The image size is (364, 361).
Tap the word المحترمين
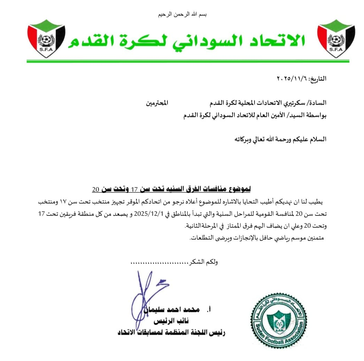click(x=157, y=103)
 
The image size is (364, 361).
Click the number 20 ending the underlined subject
click(x=96, y=190)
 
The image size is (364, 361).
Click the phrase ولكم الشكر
click(x=205, y=262)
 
